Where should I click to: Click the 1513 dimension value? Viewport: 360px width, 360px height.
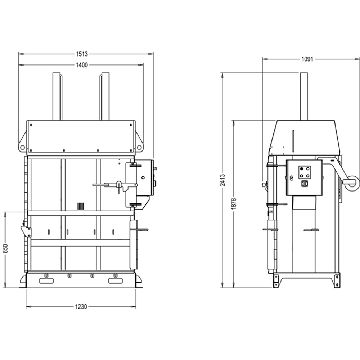[x=82, y=54]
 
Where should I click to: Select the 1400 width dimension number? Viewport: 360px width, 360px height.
[x=82, y=65]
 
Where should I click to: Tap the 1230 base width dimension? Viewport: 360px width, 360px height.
[x=81, y=306]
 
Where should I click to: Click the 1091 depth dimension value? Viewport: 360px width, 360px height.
[x=307, y=59]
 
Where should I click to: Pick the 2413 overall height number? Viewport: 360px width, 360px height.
[x=222, y=180]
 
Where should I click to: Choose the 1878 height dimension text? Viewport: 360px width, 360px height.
[x=234, y=204]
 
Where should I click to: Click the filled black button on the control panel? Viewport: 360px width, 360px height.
[x=302, y=169]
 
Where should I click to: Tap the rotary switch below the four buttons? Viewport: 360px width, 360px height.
[x=305, y=184]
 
